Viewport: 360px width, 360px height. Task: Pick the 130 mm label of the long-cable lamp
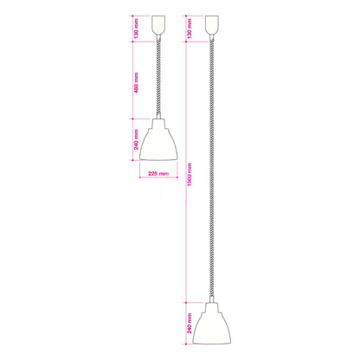(190, 29)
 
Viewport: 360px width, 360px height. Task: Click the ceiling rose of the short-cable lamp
(158, 28)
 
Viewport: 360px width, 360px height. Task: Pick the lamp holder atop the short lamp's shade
(158, 122)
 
